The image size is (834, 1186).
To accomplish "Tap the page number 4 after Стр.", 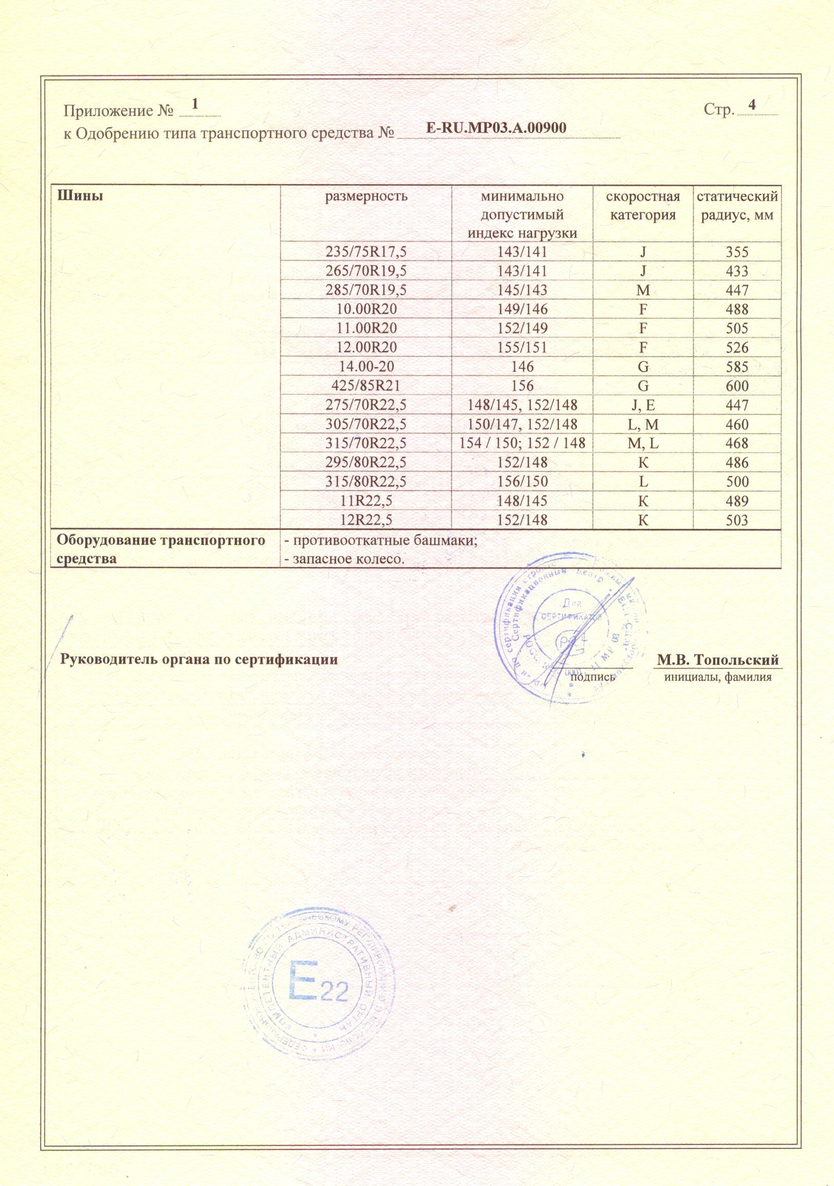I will [x=752, y=104].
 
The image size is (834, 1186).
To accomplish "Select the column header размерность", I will [x=366, y=196].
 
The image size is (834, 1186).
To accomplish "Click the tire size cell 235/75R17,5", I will [x=366, y=251].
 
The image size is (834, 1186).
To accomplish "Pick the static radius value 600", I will [x=737, y=386].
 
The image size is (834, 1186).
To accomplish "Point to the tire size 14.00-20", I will [x=366, y=367].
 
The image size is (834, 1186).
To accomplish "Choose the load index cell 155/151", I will [x=521, y=348].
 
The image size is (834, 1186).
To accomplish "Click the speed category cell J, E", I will [x=643, y=405].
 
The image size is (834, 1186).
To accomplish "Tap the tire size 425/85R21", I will [x=366, y=386].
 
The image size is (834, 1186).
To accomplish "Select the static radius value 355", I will [x=737, y=252].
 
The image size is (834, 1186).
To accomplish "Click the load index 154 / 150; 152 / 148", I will [x=521, y=444].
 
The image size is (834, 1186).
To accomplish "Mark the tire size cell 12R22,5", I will [x=366, y=520].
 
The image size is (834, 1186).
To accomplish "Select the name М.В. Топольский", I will [x=718, y=660].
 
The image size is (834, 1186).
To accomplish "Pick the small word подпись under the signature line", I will [x=593, y=676].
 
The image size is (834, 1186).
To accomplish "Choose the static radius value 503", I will [x=737, y=520].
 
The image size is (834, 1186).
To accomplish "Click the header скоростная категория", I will [x=643, y=206].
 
